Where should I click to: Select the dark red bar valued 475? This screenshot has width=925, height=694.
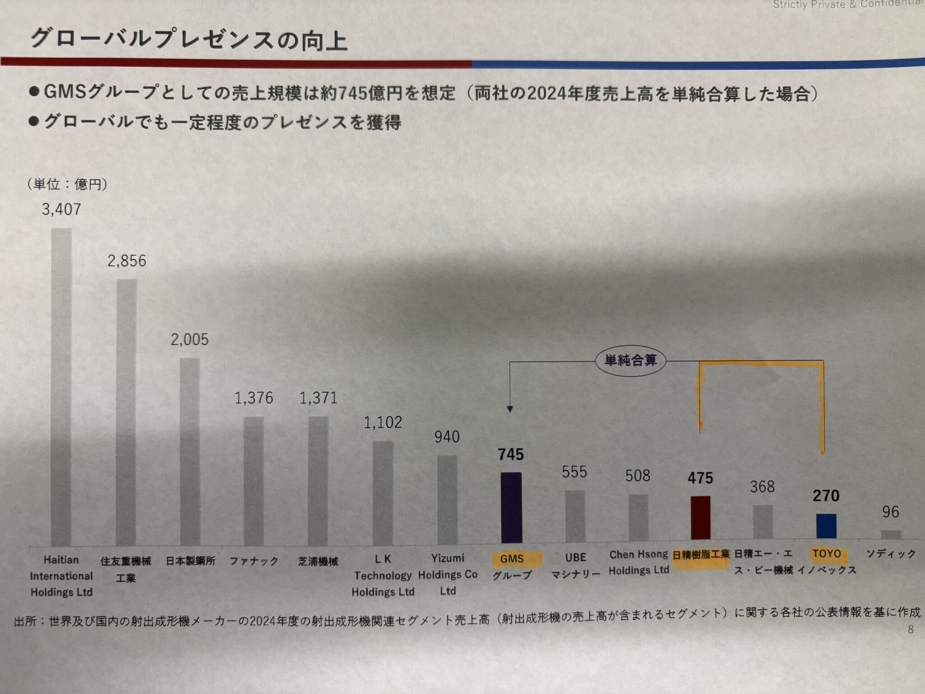click(701, 518)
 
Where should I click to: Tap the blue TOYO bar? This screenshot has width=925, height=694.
click(826, 526)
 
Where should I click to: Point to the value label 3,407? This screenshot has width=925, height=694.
click(61, 210)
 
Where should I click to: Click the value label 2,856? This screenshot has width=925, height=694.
click(126, 261)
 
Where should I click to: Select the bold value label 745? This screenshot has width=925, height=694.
click(511, 455)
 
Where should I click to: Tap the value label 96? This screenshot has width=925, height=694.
click(890, 512)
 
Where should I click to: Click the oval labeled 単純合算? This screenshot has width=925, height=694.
click(631, 361)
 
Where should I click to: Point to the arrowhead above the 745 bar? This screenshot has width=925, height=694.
click(510, 409)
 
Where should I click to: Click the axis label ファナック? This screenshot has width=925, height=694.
click(254, 562)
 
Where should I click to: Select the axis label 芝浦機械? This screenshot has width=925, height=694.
click(318, 562)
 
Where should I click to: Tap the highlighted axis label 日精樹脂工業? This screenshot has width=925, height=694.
click(701, 555)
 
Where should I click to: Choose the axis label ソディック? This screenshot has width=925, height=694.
click(891, 554)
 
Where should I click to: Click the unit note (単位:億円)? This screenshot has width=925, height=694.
click(68, 184)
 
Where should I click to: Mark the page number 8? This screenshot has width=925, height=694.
click(911, 629)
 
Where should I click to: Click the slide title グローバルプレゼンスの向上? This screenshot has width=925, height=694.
click(189, 40)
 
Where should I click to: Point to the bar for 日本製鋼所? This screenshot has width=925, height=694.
click(190, 452)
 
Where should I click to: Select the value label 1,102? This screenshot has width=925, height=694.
click(383, 422)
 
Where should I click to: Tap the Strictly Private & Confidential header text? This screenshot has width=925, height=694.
click(848, 5)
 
